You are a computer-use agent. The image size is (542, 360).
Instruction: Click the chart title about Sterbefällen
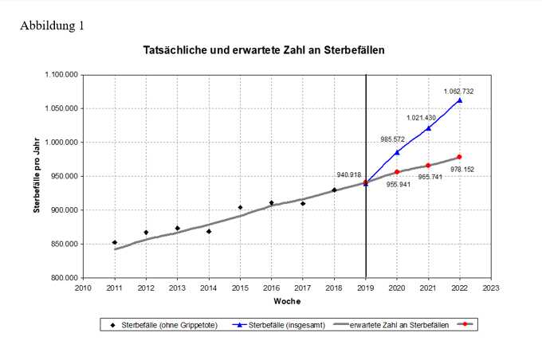click(x=264, y=49)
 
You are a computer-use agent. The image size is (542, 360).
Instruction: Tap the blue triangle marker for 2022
click(x=460, y=100)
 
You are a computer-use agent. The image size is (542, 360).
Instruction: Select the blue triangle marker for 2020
click(x=397, y=151)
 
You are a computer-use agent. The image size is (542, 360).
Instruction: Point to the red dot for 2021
click(x=428, y=166)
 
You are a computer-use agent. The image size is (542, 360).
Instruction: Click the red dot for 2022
click(x=460, y=157)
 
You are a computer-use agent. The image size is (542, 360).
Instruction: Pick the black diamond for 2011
click(x=115, y=242)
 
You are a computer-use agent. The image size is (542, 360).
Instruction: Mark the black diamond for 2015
click(x=240, y=207)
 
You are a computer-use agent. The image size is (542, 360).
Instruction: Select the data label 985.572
click(x=393, y=139)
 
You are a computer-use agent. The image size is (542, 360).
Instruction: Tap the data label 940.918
click(x=349, y=174)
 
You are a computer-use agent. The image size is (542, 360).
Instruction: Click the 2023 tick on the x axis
click(x=491, y=288)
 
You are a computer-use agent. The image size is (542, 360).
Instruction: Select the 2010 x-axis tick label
click(x=83, y=288)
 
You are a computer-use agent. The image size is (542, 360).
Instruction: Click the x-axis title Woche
click(x=286, y=302)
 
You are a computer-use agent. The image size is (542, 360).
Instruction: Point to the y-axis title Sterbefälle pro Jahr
click(x=37, y=177)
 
